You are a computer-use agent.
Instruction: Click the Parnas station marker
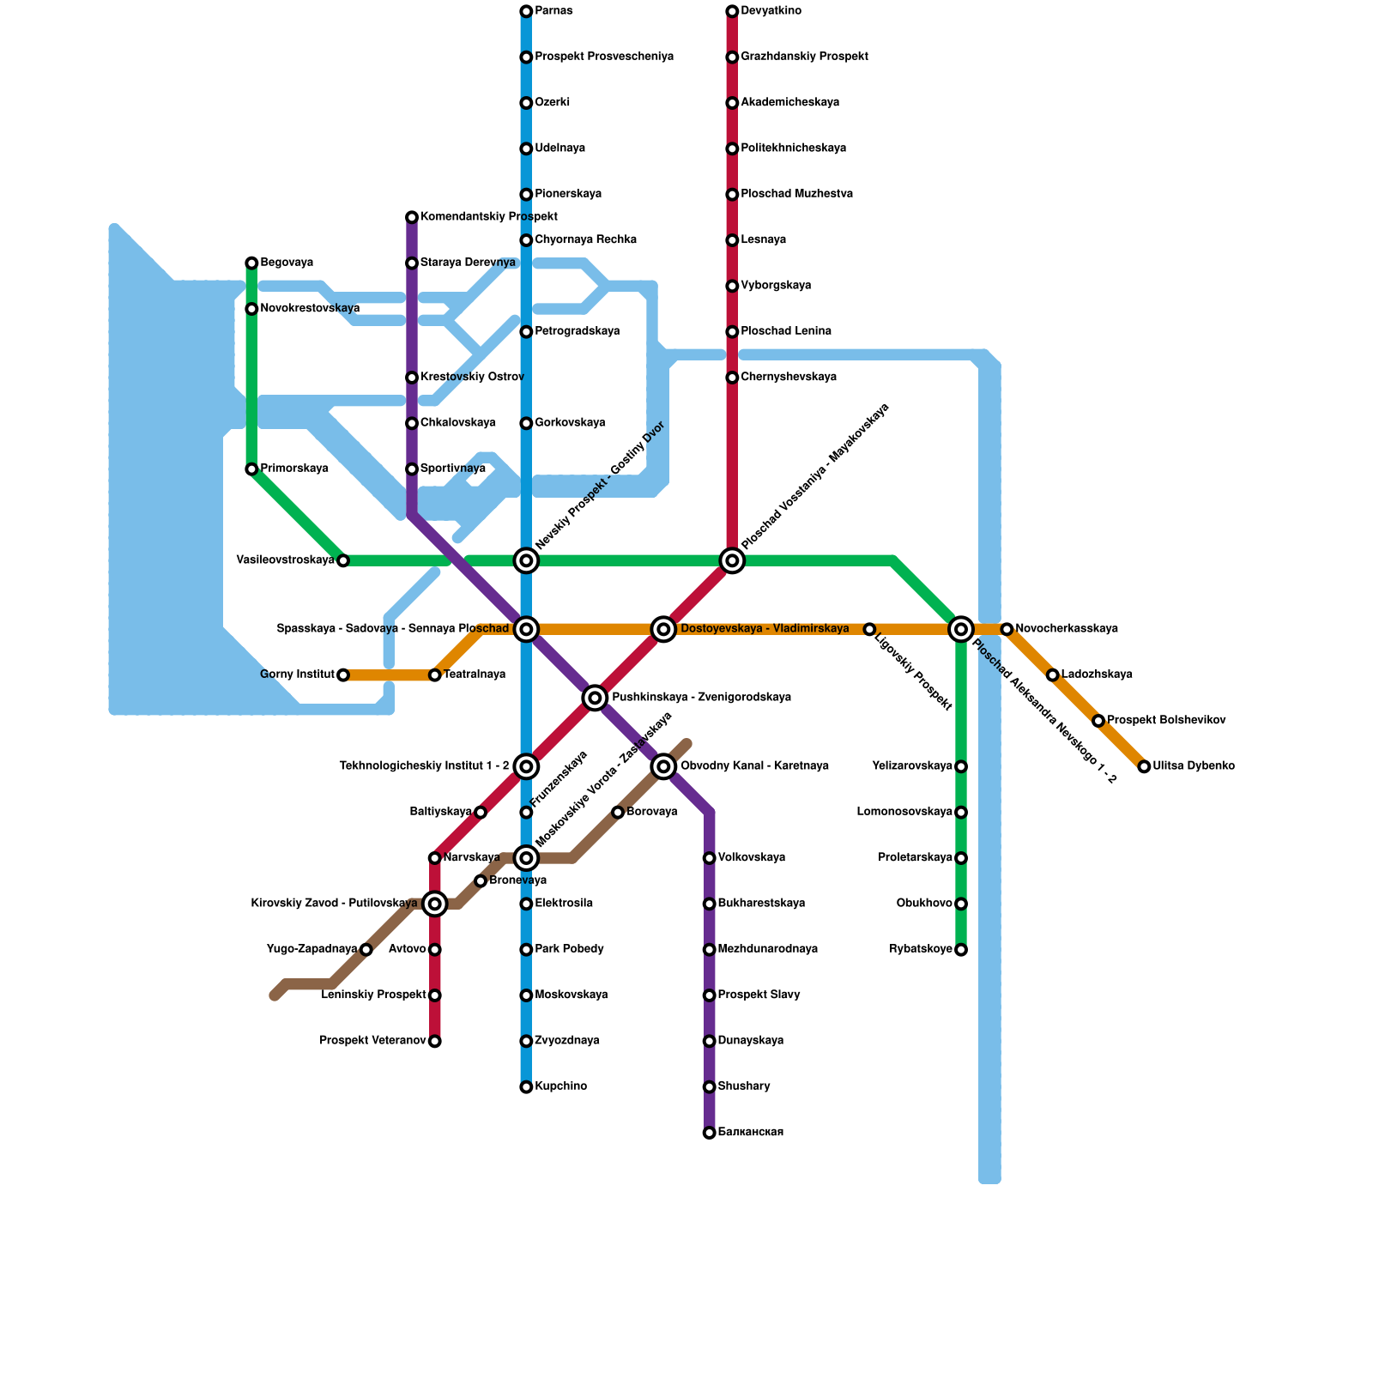(x=526, y=11)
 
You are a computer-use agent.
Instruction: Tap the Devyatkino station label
(x=771, y=11)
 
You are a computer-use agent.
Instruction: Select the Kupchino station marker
(x=526, y=1087)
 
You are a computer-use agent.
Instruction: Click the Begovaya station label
(x=287, y=263)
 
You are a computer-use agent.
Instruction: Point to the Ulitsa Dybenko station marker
(x=1144, y=766)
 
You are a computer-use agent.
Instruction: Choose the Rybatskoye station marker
(x=961, y=950)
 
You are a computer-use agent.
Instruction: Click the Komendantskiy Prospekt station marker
(x=412, y=217)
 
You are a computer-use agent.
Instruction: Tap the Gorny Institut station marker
(x=343, y=675)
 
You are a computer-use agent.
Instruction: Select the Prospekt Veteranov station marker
(x=435, y=1042)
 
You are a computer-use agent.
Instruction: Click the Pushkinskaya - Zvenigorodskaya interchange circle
(x=595, y=698)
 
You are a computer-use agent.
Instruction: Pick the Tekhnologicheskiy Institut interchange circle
(x=526, y=766)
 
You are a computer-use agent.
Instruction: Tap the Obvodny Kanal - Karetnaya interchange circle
(x=663, y=766)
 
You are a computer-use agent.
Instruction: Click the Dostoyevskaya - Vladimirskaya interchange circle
(x=663, y=629)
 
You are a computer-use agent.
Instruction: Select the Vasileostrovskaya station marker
(x=343, y=561)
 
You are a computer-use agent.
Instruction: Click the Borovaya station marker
(x=618, y=813)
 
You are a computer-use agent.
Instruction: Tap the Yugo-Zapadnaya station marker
(x=366, y=950)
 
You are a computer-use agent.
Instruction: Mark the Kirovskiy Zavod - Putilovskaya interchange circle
(x=435, y=904)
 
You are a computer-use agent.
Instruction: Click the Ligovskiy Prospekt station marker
(x=869, y=630)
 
